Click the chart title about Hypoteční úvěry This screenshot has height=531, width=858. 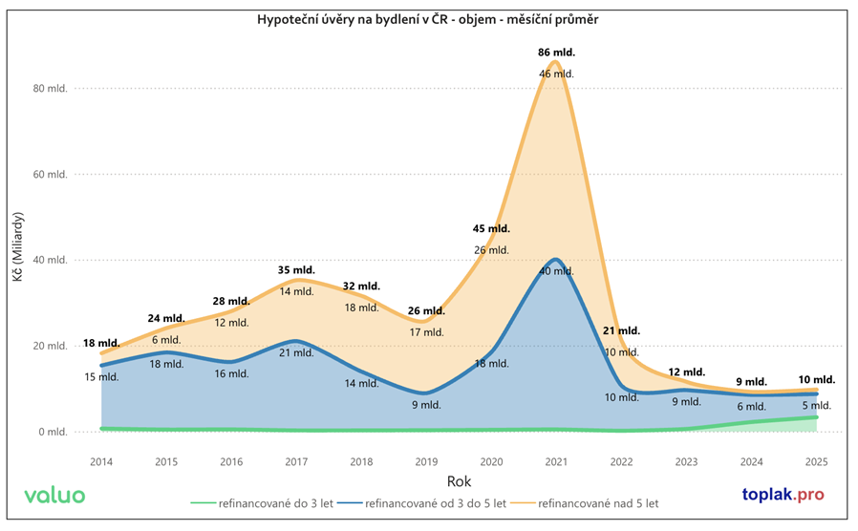(428, 19)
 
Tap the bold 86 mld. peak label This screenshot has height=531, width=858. (557, 53)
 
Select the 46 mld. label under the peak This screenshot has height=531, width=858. (557, 74)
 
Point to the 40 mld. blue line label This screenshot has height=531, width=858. (557, 271)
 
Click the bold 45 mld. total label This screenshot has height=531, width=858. (492, 228)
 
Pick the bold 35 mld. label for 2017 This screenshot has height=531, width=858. (296, 270)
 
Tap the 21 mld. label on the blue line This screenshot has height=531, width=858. (296, 352)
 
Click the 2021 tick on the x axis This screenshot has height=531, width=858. (557, 462)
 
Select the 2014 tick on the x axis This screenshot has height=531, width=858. (100, 462)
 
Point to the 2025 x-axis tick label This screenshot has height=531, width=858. (817, 462)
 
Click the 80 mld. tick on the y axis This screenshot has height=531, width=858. (52, 88)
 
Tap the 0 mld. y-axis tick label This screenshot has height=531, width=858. (54, 432)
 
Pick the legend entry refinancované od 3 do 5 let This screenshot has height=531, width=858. (427, 502)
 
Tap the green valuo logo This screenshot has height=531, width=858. (54, 496)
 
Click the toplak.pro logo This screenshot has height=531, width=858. (782, 496)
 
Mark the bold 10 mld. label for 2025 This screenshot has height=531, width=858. (817, 379)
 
